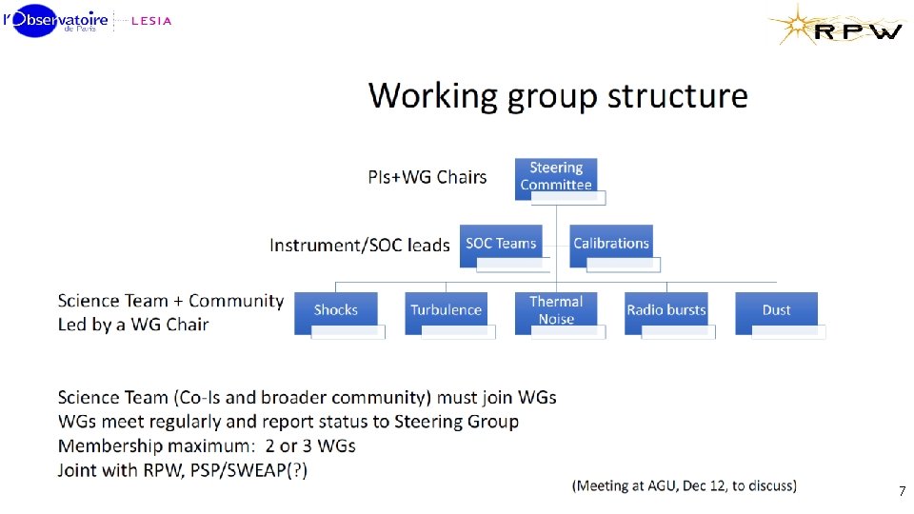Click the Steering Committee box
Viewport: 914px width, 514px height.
point(556,177)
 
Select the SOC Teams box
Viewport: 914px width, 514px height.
point(501,244)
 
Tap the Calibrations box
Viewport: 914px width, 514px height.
point(610,244)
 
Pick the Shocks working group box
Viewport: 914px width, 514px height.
point(336,310)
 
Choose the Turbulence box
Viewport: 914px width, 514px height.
point(446,310)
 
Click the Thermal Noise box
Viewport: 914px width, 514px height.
point(556,310)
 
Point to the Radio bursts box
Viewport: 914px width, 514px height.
point(666,310)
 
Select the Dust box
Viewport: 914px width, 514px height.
point(776,310)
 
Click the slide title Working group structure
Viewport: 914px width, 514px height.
point(558,96)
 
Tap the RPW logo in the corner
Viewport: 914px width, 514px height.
point(838,26)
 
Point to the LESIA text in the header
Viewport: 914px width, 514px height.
point(150,21)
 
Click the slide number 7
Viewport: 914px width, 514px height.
point(901,492)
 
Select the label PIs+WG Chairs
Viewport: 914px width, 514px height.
point(427,177)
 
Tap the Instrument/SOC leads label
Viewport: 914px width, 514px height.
point(359,246)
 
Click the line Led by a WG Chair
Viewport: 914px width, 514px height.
point(133,325)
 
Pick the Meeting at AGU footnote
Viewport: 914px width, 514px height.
point(685,485)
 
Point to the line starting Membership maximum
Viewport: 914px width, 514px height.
point(207,445)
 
